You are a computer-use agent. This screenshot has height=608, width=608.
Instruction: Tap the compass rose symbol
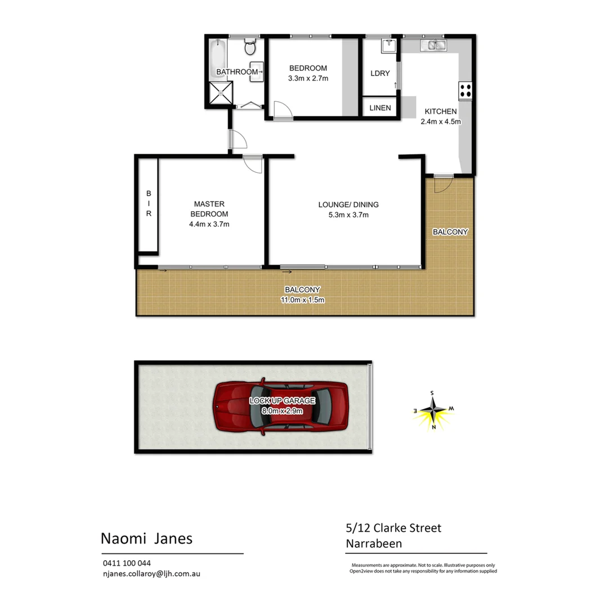(x=433, y=410)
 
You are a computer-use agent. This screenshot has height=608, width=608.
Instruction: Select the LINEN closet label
(x=380, y=108)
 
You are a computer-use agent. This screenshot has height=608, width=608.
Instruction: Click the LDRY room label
(x=380, y=73)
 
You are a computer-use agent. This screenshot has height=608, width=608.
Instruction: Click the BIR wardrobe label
(x=149, y=204)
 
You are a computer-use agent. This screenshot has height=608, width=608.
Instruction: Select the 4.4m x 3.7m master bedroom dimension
(x=209, y=224)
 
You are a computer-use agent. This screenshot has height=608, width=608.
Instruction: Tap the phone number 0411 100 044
(x=127, y=563)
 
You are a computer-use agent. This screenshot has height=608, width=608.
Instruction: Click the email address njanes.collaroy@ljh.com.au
(x=151, y=574)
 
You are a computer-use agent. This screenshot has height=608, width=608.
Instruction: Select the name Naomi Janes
(x=146, y=539)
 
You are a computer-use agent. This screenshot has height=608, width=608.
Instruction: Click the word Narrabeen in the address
(x=375, y=543)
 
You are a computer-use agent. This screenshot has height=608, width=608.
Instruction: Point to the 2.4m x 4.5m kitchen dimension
(x=441, y=121)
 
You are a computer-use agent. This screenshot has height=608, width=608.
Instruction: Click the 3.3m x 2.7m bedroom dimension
(x=307, y=79)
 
